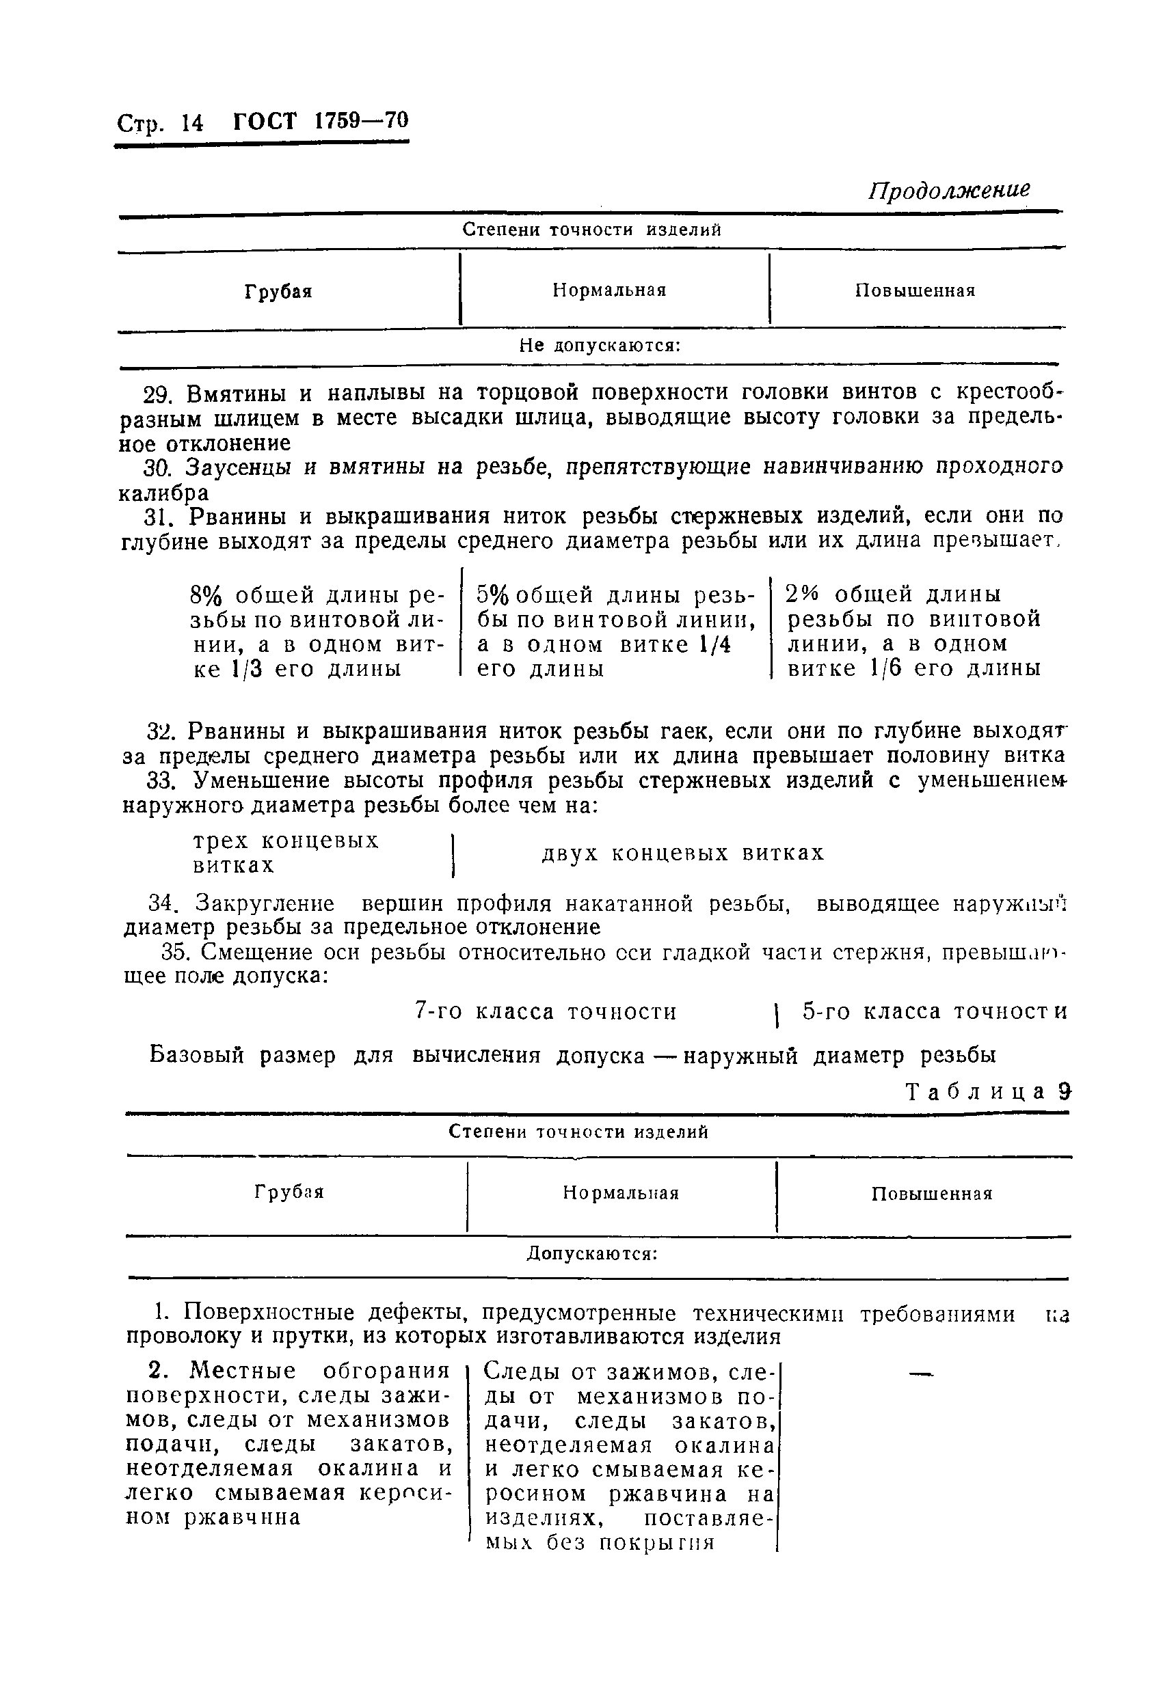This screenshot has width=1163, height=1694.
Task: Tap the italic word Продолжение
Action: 950,190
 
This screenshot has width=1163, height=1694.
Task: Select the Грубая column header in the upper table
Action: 278,292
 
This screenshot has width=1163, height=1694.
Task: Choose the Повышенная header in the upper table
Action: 915,291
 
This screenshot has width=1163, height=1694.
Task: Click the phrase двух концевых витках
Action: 682,853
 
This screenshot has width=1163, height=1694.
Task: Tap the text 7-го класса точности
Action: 546,1012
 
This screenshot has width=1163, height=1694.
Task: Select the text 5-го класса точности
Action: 935,1012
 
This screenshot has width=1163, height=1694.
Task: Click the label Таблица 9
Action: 987,1091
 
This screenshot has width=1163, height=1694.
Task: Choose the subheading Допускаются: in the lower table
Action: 592,1254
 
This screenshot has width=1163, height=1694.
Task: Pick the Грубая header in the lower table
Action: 289,1192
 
